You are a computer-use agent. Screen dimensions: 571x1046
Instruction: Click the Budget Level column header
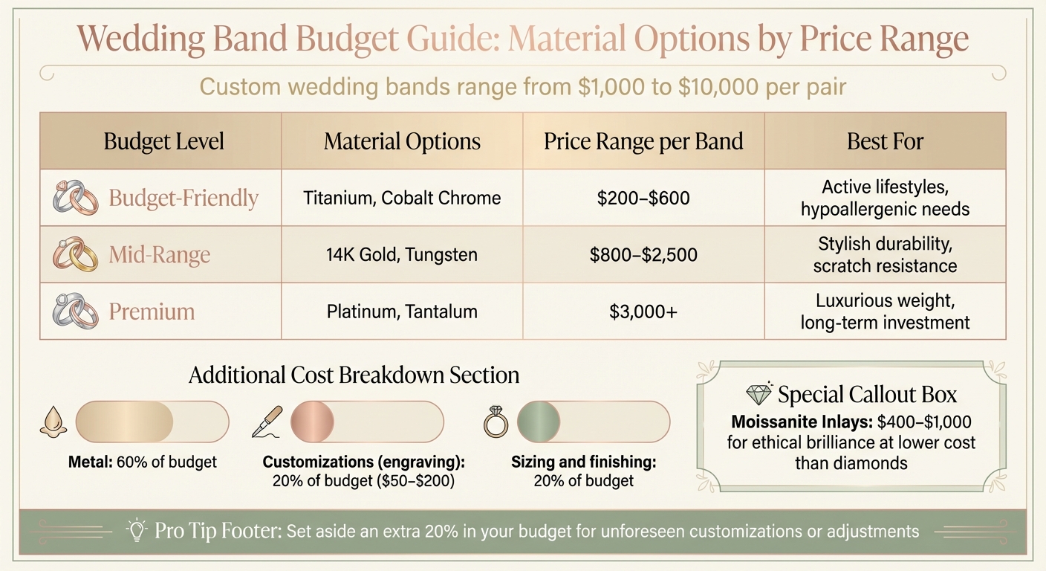[x=163, y=141]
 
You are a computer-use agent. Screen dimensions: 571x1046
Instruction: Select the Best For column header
[x=885, y=141]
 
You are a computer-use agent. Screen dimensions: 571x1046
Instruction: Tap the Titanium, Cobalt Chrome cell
[x=402, y=199]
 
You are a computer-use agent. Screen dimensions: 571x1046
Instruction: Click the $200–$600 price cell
[x=643, y=199]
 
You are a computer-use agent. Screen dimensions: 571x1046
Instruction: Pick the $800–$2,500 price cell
[x=643, y=255]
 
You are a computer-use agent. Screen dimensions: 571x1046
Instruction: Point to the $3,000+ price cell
[x=643, y=312]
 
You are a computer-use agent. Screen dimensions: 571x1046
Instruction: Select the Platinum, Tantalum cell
[x=402, y=312]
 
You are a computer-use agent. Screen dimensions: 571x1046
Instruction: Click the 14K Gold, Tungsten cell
[x=402, y=255]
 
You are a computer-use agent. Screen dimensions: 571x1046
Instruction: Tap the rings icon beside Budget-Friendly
[x=76, y=199]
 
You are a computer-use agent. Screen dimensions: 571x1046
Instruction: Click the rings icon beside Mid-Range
[x=76, y=255]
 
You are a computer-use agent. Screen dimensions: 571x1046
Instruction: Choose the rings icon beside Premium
[x=76, y=311]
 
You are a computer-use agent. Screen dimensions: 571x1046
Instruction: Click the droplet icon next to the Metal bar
[x=56, y=422]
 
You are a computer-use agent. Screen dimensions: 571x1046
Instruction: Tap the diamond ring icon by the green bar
[x=495, y=422]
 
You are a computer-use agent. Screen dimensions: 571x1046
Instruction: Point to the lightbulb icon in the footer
[x=137, y=529]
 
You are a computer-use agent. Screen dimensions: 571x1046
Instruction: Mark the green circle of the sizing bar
[x=539, y=422]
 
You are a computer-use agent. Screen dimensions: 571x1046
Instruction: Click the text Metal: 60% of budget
[x=143, y=462]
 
